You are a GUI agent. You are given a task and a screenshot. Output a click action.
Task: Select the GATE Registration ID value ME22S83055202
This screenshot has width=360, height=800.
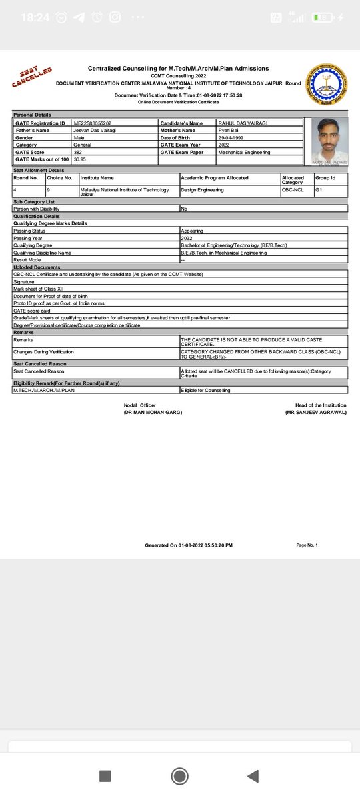coord(93,123)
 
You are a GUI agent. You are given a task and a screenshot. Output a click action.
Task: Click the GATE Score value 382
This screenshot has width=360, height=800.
coord(79,152)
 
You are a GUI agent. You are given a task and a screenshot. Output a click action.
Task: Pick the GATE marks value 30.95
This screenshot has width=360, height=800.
coord(80,159)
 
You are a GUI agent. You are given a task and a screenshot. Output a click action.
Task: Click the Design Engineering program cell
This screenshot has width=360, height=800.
coord(200,189)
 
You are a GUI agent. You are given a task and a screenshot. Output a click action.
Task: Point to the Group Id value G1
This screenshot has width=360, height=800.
coord(320,189)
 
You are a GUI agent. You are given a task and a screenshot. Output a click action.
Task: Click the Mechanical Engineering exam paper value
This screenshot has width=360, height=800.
coord(244,152)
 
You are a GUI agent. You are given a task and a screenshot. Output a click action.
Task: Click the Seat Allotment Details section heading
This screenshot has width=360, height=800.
coord(39,171)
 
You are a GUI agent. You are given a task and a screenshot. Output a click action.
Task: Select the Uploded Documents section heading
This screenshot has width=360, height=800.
coord(37,267)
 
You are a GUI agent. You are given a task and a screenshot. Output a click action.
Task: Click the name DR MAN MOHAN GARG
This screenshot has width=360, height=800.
coord(153,413)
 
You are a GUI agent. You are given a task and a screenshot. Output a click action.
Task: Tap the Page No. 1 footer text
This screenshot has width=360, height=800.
coord(307,545)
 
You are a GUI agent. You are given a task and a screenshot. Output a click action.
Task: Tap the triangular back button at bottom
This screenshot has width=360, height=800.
coord(253,775)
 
